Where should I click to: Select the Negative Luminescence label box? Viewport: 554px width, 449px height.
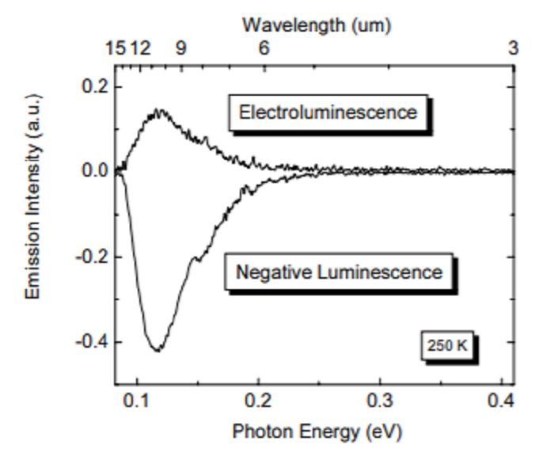337,273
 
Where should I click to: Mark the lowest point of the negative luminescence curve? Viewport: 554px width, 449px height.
157,350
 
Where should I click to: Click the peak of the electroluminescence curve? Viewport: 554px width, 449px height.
158,111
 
